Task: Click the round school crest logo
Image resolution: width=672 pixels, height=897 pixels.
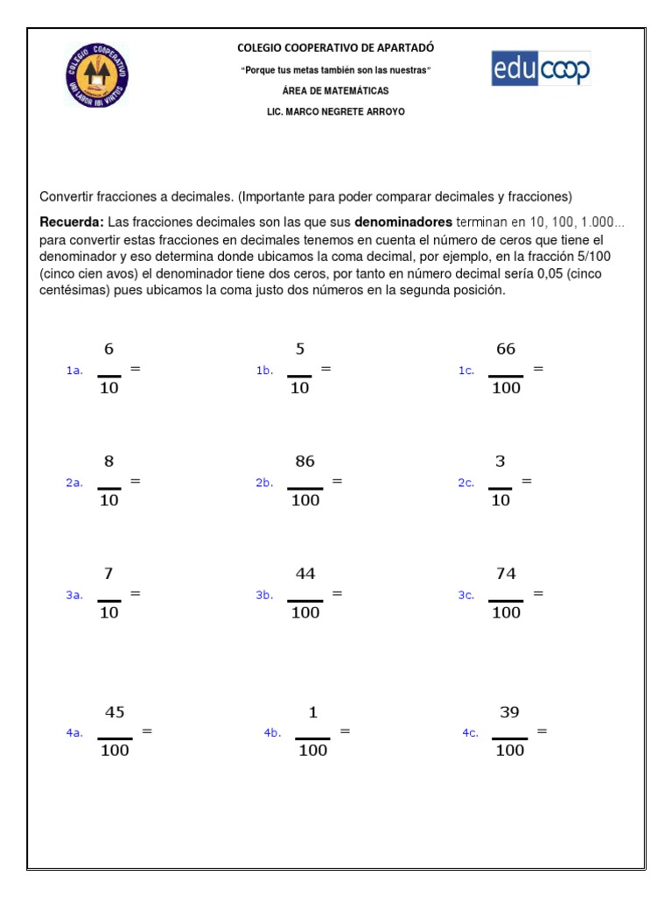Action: [x=96, y=75]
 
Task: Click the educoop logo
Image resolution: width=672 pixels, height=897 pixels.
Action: [x=541, y=69]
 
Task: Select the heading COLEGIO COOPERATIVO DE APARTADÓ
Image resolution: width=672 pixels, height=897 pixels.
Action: [x=336, y=48]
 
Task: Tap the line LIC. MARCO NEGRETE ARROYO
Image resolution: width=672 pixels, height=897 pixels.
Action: [x=336, y=112]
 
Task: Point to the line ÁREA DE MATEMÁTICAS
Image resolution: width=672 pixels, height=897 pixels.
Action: [x=336, y=91]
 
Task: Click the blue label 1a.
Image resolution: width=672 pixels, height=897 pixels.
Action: [x=74, y=371]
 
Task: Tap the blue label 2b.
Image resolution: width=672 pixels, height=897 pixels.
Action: [x=264, y=483]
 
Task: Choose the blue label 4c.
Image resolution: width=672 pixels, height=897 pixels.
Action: [x=471, y=733]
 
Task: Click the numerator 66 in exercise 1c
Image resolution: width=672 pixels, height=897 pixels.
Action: [x=506, y=350]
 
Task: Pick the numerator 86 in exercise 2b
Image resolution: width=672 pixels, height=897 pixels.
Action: [x=304, y=462]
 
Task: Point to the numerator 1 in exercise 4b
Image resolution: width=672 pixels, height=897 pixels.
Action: [x=312, y=713]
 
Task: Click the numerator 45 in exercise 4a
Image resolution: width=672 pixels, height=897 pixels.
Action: [x=115, y=712]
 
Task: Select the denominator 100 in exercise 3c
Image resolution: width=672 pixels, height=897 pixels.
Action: [x=506, y=613]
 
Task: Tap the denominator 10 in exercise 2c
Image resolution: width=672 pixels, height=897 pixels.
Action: [x=500, y=501]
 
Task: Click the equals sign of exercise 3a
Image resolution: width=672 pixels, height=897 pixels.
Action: [x=136, y=593]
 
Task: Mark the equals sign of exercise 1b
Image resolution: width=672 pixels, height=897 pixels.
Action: [x=325, y=369]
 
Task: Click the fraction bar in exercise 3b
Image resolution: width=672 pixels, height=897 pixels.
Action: [x=304, y=601]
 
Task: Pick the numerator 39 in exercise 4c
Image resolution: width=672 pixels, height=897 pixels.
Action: [x=509, y=712]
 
